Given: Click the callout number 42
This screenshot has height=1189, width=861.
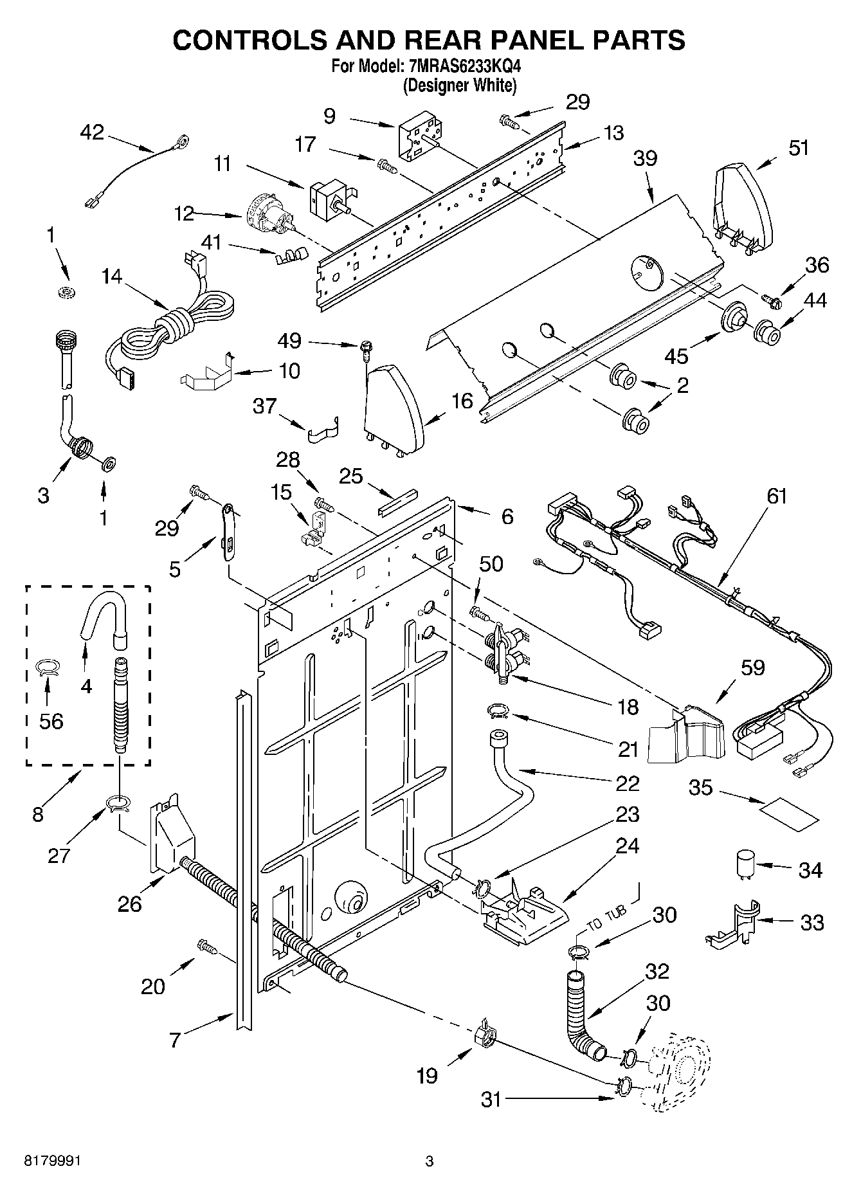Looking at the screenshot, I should (x=91, y=132).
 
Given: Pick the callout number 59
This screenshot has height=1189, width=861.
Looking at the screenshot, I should (x=752, y=667).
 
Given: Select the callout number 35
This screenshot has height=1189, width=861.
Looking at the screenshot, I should (x=701, y=787).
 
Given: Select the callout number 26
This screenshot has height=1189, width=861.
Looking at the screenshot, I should (x=130, y=903).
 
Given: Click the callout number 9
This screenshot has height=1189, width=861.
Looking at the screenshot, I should (x=329, y=116).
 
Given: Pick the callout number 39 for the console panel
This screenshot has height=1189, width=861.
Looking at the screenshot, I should (x=645, y=158).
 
